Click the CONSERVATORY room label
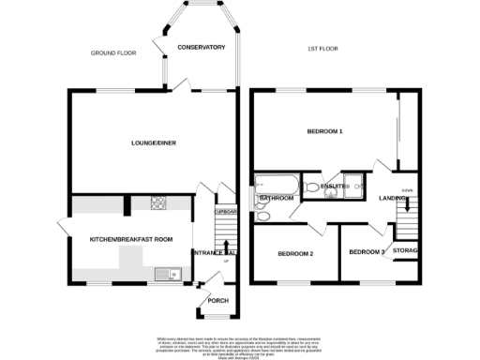[201, 47]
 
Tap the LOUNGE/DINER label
[154, 143]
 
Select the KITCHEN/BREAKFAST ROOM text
[131, 240]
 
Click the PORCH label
[217, 301]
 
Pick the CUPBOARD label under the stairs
[224, 213]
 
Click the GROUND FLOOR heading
[113, 53]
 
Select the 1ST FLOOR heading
[323, 49]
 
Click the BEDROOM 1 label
[324, 132]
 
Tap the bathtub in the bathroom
[275, 184]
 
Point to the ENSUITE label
[333, 187]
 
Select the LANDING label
[392, 199]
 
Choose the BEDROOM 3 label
[367, 251]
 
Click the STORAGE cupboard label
[405, 251]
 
